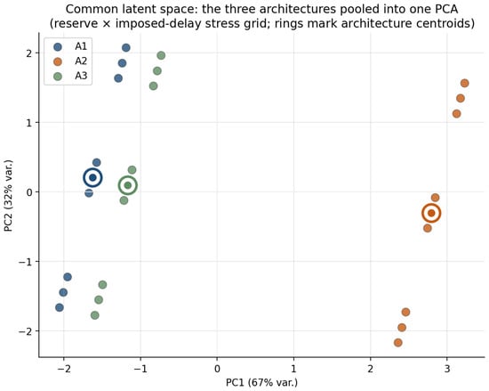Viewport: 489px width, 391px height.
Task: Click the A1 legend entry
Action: (70, 46)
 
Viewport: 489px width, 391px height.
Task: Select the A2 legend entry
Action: (70, 61)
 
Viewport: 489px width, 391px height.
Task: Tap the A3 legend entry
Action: (70, 76)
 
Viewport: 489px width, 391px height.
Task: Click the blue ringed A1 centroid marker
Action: (92, 178)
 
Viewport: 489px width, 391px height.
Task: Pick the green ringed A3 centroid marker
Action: (127, 185)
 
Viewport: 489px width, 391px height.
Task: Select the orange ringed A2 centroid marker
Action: (431, 213)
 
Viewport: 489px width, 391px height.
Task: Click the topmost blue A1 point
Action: (126, 48)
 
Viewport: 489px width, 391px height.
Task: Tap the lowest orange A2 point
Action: (398, 343)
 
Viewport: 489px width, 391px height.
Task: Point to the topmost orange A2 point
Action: (465, 83)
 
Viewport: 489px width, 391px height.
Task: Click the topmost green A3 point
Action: (161, 55)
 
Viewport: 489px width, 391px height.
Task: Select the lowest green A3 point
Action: (95, 315)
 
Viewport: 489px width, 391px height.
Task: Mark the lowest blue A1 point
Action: (60, 307)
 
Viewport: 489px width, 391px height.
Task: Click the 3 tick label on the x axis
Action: (447, 369)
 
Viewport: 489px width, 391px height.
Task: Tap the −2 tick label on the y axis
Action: (25, 331)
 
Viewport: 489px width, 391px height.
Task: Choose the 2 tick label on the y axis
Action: (29, 53)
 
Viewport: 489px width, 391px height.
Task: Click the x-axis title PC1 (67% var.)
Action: (262, 383)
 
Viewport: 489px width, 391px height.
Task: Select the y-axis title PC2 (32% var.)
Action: (8, 196)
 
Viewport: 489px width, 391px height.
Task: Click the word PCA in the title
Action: (447, 10)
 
